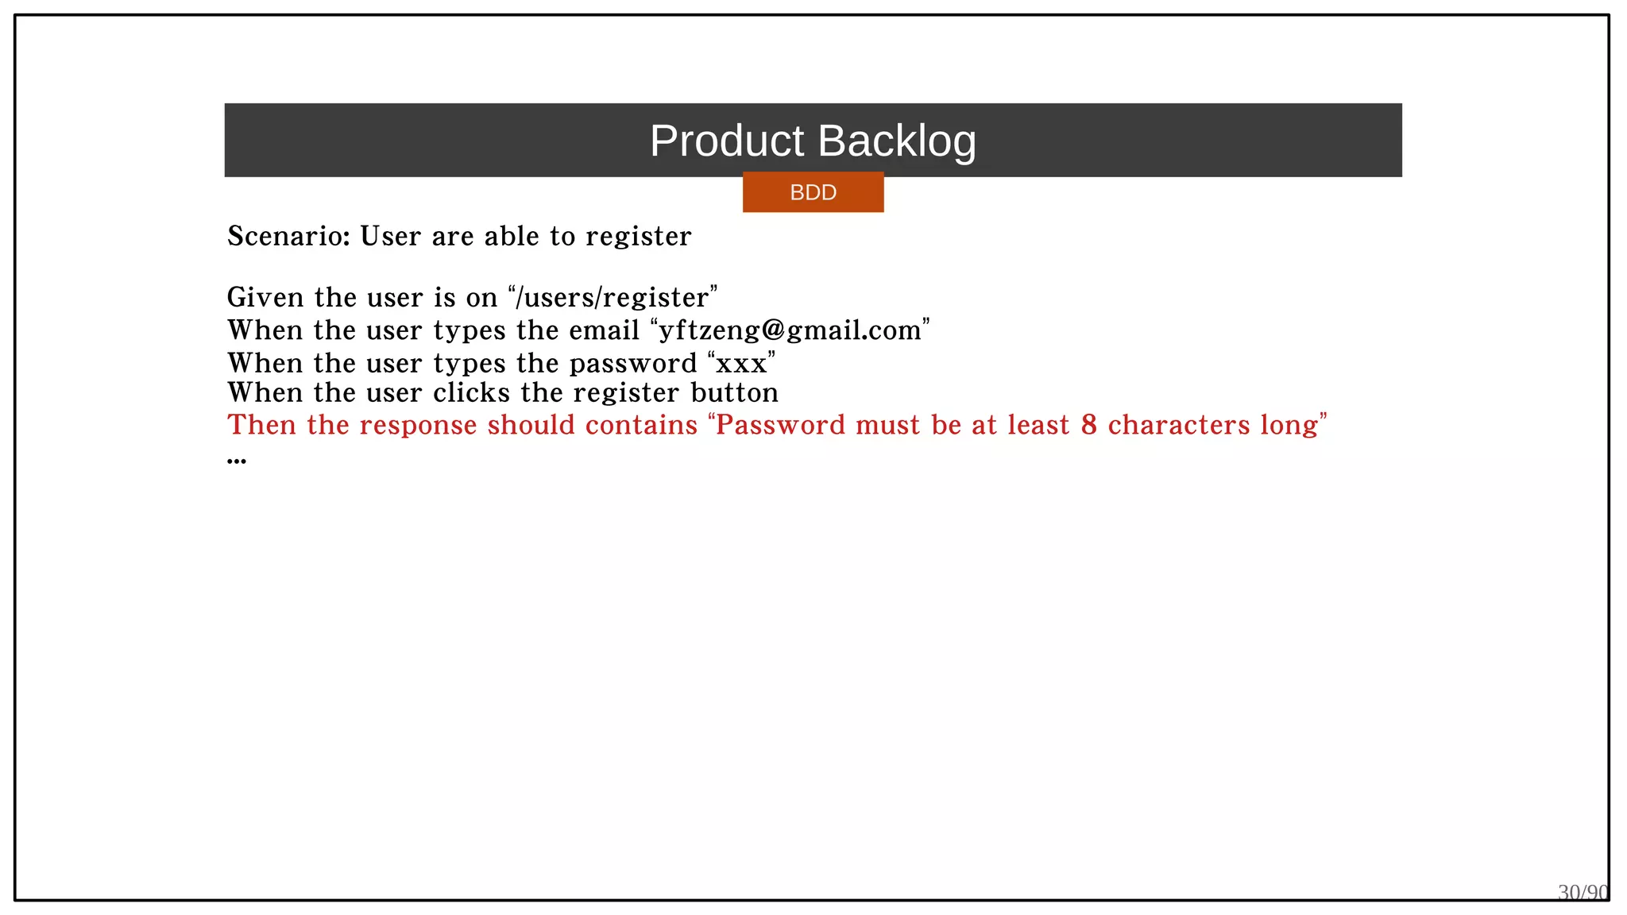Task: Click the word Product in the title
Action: pyautogui.click(x=727, y=141)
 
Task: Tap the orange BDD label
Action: pyautogui.click(x=813, y=192)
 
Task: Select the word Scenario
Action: pyautogui.click(x=288, y=237)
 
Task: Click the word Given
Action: pyautogui.click(x=265, y=298)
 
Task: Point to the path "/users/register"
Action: pyautogui.click(x=612, y=298)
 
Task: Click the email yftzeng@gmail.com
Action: pyautogui.click(x=790, y=330)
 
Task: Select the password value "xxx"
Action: pyautogui.click(x=741, y=364)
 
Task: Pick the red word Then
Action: pyautogui.click(x=262, y=426)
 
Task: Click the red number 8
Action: pyautogui.click(x=1088, y=426)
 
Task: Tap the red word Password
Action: pyautogui.click(x=781, y=426)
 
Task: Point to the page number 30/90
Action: pyautogui.click(x=1583, y=893)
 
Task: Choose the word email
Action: pyautogui.click(x=604, y=330)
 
